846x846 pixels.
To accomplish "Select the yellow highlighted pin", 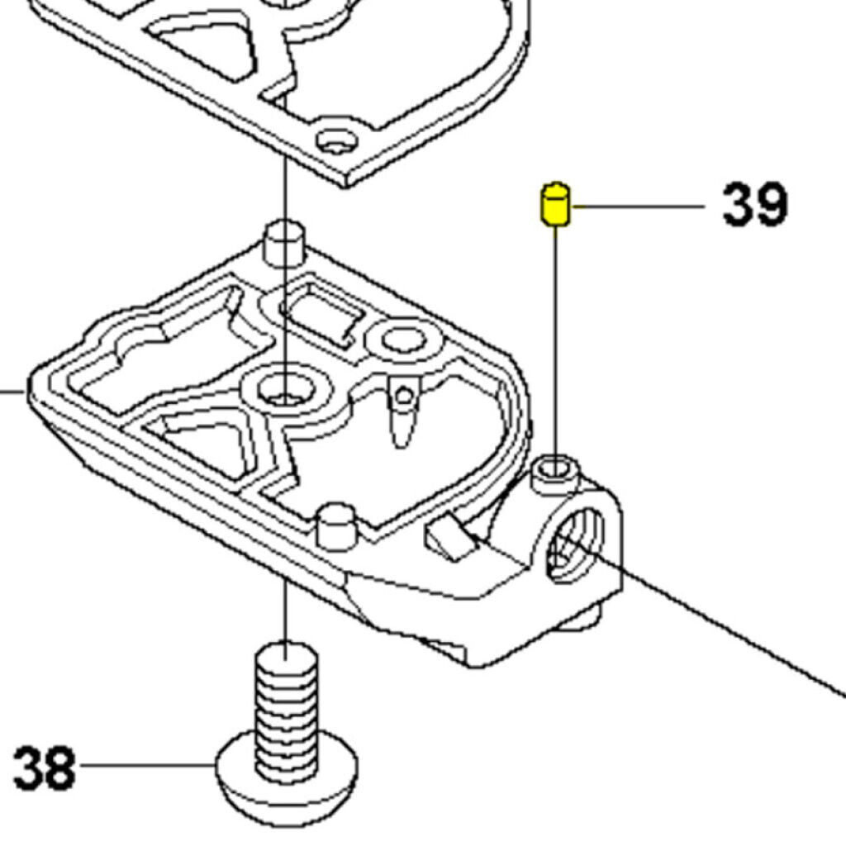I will pyautogui.click(x=555, y=204).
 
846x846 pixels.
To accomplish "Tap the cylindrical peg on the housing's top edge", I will pyautogui.click(x=283, y=241).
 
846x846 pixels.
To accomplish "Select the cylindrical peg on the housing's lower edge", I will pyautogui.click(x=337, y=525).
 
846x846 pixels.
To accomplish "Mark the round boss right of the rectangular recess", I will pyautogui.click(x=402, y=339).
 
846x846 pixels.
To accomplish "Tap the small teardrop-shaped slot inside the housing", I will pyautogui.click(x=402, y=418).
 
